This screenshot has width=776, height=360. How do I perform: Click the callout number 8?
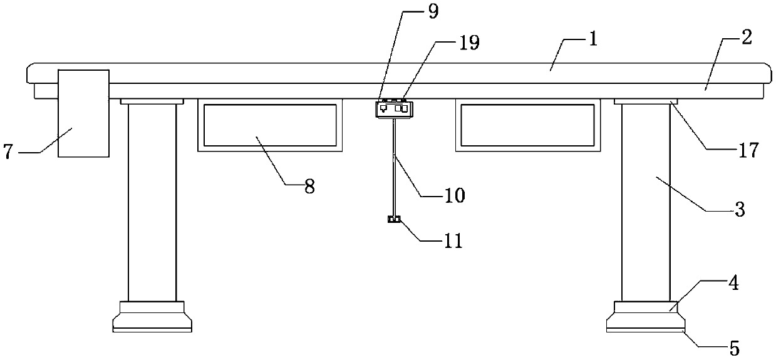(309, 187)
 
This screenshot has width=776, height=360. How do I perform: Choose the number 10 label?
(455, 195)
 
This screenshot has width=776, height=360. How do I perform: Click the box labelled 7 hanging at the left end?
(83, 113)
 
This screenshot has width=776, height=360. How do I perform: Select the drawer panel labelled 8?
(270, 125)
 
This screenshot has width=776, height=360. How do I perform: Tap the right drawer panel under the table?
(528, 125)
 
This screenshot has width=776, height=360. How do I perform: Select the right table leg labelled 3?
(645, 200)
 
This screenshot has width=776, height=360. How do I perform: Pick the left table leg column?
(152, 200)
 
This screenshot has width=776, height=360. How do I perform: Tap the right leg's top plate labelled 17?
(645, 101)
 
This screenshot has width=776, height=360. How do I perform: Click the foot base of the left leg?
(152, 317)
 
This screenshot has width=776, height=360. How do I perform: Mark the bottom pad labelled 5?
(646, 325)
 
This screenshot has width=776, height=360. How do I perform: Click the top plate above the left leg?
(152, 101)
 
